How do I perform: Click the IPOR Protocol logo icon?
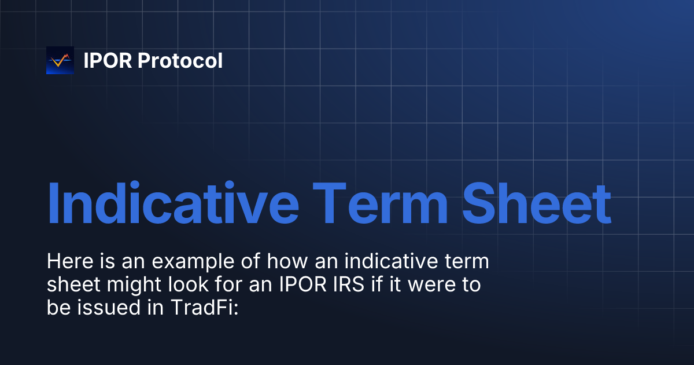[60, 60]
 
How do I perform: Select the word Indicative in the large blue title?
[172, 204]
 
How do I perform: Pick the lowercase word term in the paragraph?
[467, 262]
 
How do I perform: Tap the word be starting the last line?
[57, 308]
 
